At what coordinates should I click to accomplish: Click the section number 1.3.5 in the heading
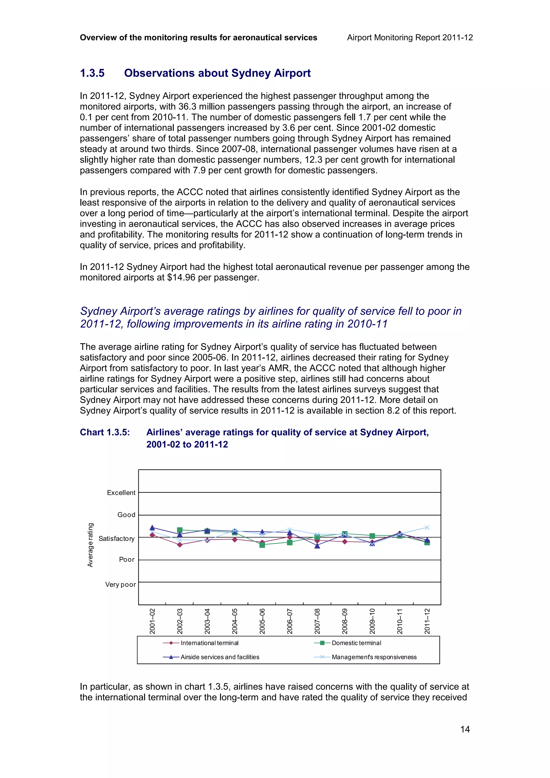point(92,73)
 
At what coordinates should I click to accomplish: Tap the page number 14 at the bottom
point(465,729)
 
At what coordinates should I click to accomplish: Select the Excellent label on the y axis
point(121,493)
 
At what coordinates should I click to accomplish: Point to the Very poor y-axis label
point(120,584)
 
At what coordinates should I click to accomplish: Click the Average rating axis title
point(90,545)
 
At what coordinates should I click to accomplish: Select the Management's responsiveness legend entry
point(374,657)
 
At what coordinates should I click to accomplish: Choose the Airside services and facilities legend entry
point(220,657)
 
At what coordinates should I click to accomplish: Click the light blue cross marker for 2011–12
point(427,528)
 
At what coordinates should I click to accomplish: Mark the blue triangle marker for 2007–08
point(317,546)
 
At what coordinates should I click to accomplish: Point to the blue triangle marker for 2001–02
point(152,528)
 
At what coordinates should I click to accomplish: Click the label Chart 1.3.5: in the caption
point(105,432)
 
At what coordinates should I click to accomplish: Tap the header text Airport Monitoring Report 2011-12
point(410,38)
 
